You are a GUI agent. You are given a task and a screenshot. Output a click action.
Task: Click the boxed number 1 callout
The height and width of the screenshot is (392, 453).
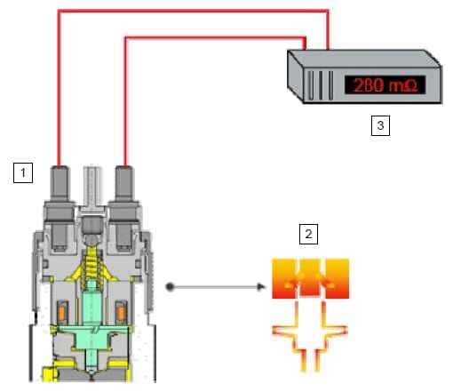coord(23,172)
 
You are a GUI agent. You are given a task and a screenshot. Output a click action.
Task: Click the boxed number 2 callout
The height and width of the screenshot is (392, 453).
coord(308,234)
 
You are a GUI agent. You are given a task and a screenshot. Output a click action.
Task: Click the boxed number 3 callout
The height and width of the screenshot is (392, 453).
coord(380,125)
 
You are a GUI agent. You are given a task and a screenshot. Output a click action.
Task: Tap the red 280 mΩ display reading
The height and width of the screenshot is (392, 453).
coord(385,85)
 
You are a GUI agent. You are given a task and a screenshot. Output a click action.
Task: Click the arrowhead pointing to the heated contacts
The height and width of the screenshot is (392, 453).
coord(261,287)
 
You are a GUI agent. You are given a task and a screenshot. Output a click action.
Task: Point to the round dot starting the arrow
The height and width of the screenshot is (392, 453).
coord(170,287)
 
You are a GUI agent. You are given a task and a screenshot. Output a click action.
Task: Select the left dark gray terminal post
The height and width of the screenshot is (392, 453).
coord(60,207)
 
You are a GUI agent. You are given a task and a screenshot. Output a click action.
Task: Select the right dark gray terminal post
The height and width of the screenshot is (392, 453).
coord(124,207)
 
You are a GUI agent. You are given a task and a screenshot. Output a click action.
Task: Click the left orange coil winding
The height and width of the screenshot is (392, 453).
coord(62,313)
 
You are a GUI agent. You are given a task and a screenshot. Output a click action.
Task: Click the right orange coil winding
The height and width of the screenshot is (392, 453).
coord(121,313)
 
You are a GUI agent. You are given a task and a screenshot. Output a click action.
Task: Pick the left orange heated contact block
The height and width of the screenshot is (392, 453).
coord(284,278)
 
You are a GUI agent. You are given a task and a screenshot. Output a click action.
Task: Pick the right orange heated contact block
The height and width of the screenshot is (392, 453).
coord(337,278)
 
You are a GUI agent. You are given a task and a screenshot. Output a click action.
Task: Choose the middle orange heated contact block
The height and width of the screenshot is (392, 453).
coord(310,278)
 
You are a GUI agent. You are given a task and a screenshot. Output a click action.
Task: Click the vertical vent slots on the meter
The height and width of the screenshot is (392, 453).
coord(321,85)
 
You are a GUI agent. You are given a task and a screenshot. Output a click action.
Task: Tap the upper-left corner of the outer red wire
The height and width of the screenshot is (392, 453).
coord(60,12)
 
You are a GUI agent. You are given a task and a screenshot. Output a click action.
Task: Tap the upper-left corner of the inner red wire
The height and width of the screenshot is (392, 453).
coord(125,38)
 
